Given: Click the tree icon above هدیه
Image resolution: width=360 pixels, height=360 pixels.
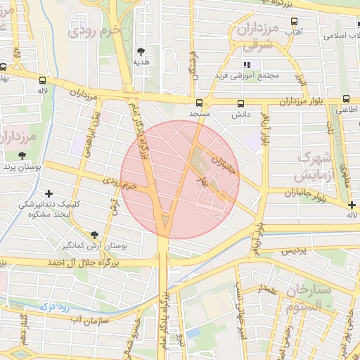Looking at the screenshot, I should coord(141,51).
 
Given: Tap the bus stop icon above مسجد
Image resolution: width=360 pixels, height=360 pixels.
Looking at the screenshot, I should coord(199,102).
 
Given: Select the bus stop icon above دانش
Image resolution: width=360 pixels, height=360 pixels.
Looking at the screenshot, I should coord(240,102).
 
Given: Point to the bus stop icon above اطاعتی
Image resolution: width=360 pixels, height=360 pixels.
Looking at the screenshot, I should coord(346,99).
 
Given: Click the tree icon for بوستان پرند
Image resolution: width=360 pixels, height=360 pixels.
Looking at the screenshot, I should coord(22,155).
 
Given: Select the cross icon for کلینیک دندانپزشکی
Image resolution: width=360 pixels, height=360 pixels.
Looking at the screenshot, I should coord(49,193).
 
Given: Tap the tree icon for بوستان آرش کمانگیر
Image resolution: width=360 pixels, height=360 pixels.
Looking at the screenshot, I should coord(94,236).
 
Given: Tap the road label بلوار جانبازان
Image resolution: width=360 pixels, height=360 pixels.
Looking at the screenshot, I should coord(308,192).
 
